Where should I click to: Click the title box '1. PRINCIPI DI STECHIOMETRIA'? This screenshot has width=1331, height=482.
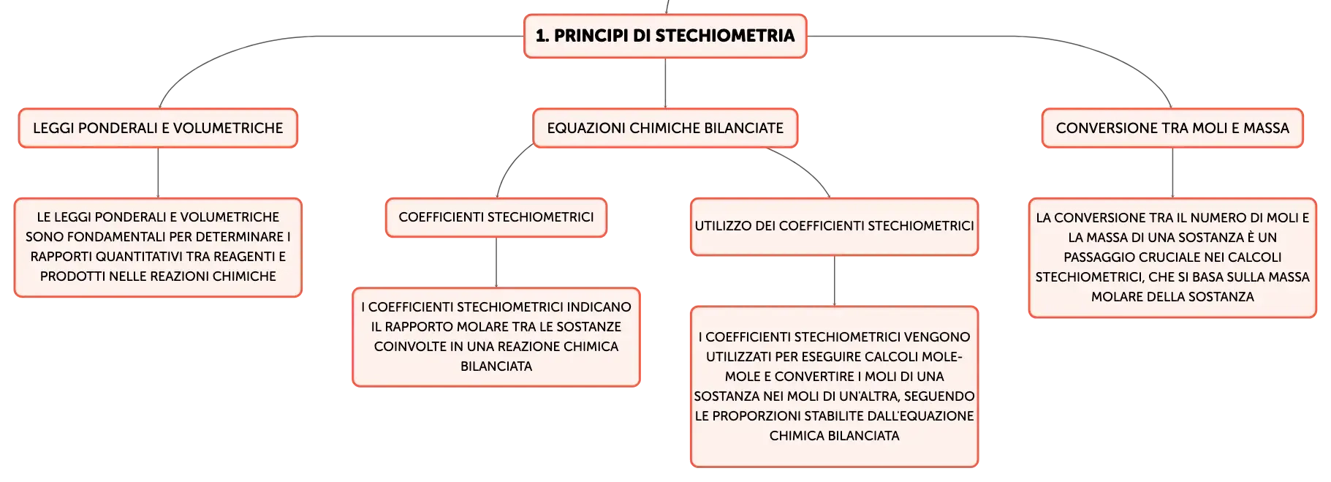665,36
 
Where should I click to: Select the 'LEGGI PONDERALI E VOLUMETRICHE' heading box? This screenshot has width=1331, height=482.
158,128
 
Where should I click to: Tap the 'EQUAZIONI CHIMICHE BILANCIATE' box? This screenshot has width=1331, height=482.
665,128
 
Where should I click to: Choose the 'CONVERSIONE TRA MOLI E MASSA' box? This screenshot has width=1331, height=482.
1172,128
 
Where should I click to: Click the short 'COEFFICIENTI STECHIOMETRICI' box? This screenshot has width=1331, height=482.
496,217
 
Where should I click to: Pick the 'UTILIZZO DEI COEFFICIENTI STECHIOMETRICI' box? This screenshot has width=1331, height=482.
834,226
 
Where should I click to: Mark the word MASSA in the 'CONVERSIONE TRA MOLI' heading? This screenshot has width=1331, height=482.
1266,128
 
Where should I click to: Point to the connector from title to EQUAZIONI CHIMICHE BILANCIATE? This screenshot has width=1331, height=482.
665,83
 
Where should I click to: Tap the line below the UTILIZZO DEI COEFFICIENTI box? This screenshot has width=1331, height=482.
834,281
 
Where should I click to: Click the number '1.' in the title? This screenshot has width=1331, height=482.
542,36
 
